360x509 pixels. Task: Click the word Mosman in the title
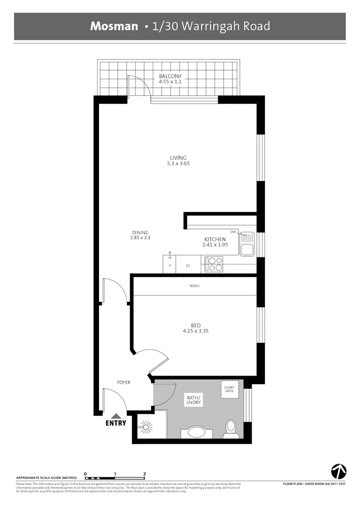(x=115, y=26)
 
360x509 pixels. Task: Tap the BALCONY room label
(x=170, y=76)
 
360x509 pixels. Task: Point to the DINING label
(x=140, y=232)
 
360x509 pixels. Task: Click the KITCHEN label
(x=215, y=239)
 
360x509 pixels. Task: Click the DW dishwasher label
(x=233, y=232)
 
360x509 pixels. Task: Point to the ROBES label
(x=194, y=286)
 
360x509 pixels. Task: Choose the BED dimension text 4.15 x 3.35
(x=196, y=331)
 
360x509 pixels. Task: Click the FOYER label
(x=123, y=382)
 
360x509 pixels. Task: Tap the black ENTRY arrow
(x=116, y=416)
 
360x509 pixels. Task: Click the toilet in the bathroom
(x=230, y=428)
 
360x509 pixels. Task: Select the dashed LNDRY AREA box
(x=230, y=389)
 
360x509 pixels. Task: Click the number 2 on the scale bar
(x=145, y=474)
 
